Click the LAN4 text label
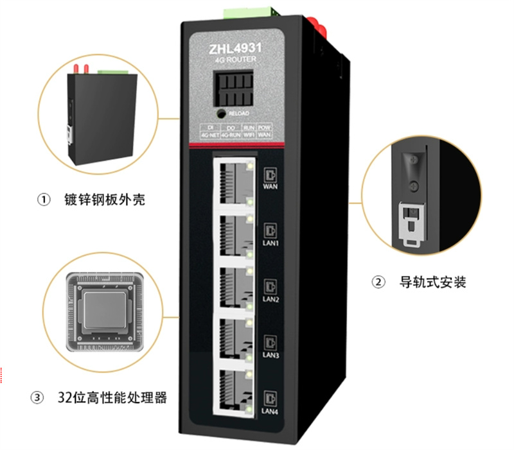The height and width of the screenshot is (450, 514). point(270,411)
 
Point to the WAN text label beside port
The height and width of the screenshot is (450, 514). point(270,187)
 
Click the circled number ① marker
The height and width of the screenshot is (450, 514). point(44,200)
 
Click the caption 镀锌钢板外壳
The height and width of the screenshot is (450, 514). point(105,200)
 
